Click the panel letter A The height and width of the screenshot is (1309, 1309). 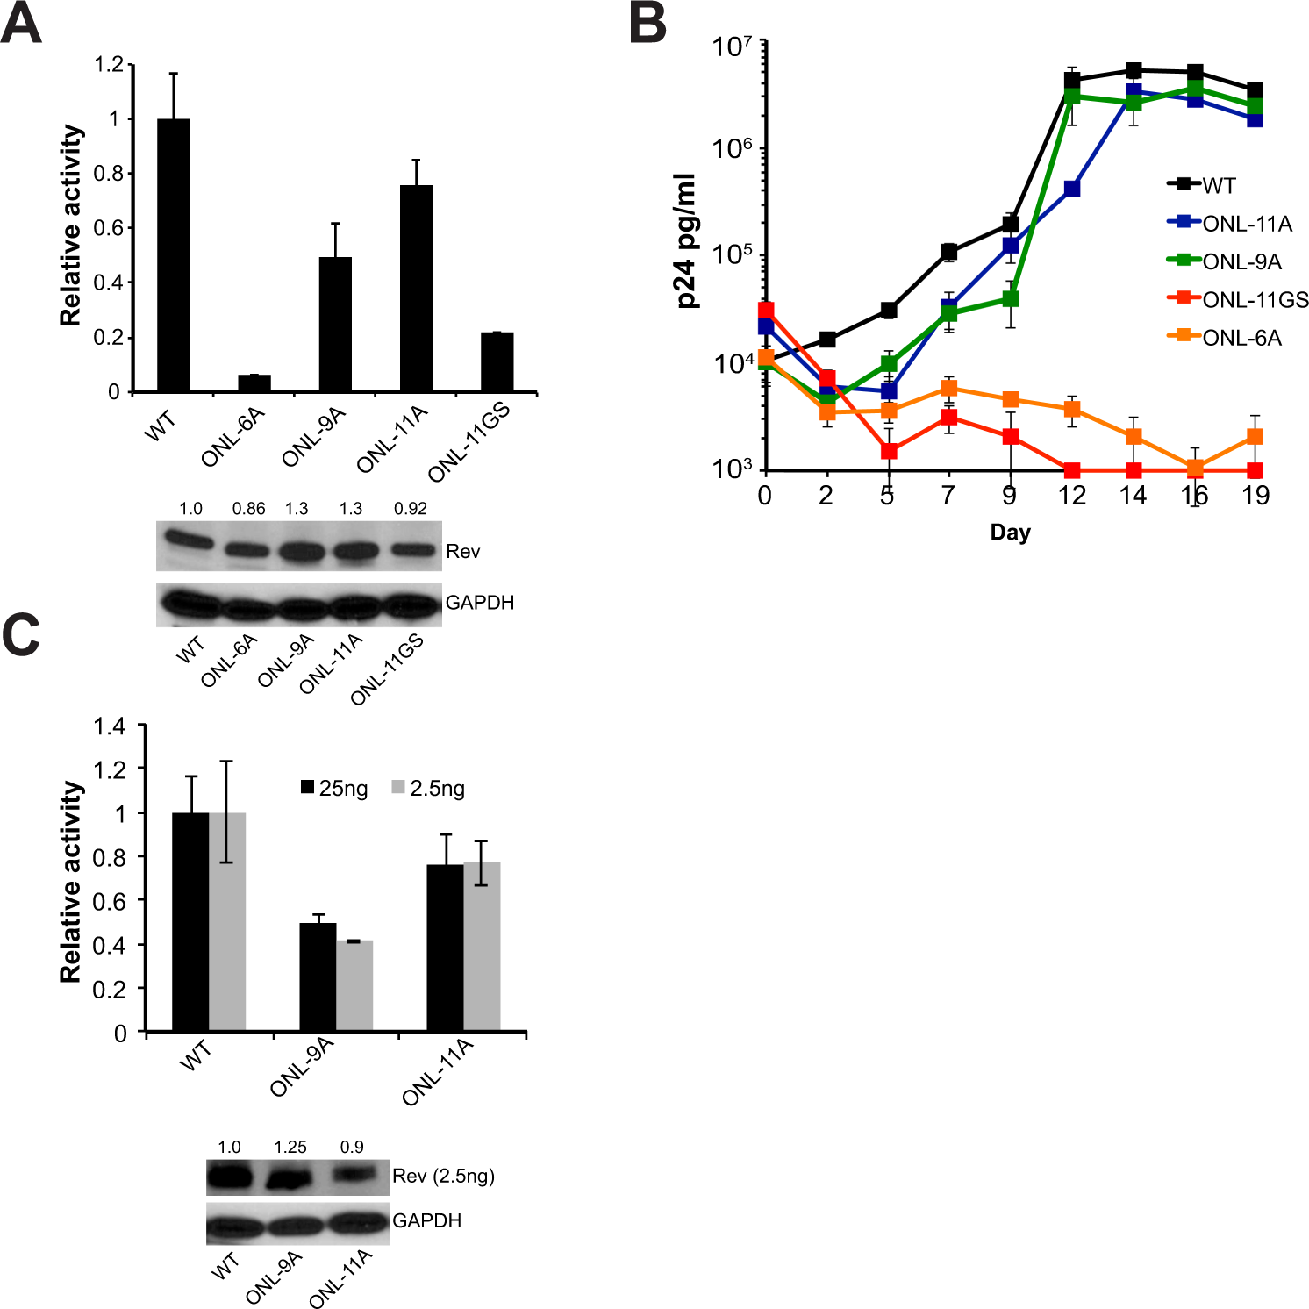(x=22, y=24)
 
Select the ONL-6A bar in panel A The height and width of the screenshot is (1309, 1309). (x=254, y=383)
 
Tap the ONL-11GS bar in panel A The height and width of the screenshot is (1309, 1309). (x=497, y=361)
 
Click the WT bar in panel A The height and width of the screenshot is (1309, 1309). (x=174, y=254)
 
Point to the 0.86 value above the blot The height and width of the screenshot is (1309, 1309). (x=248, y=509)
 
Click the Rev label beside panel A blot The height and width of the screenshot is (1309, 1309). (x=462, y=551)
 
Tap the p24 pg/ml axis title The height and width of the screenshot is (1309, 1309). (x=687, y=241)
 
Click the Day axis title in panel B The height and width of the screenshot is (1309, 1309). (x=1010, y=533)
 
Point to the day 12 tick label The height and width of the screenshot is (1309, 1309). (x=1071, y=496)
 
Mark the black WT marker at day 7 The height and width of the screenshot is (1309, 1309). (x=948, y=252)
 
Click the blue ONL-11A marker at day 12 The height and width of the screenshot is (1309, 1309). (x=1071, y=189)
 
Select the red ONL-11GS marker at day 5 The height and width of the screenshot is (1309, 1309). (x=889, y=451)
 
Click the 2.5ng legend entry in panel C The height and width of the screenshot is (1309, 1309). (x=428, y=788)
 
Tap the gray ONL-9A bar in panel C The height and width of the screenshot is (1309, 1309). (x=354, y=984)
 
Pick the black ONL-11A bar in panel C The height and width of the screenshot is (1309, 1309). (x=445, y=947)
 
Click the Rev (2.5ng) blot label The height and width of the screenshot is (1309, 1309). (x=443, y=1176)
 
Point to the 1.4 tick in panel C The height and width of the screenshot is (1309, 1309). (x=110, y=726)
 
